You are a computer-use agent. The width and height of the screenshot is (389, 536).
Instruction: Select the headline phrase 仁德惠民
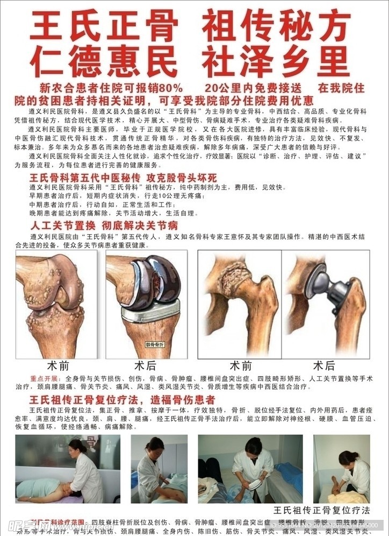click(104, 61)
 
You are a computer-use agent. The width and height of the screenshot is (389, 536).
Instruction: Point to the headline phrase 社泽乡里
click(275, 61)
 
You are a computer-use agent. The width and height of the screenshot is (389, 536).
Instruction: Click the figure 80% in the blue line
click(171, 88)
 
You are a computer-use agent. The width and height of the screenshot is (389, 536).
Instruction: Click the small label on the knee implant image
click(155, 343)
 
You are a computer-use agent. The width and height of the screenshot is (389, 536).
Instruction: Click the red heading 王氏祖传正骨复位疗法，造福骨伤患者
click(123, 400)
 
